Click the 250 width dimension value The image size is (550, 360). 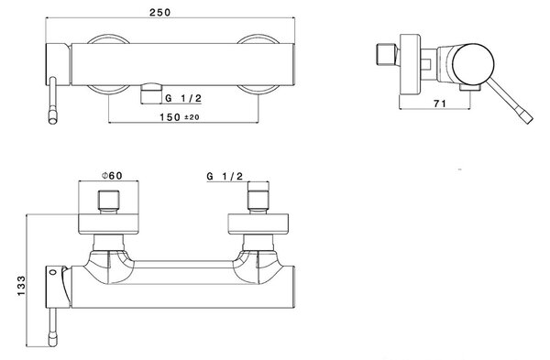159,12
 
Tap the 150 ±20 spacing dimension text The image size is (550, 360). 180,116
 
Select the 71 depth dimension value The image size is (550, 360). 440,104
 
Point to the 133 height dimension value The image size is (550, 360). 21,286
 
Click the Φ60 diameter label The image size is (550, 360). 112,175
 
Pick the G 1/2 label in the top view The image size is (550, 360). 183,98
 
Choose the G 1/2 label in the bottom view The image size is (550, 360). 225,176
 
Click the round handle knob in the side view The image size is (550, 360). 473,65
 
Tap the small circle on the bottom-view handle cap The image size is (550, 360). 53,272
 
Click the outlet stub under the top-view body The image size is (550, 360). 151,93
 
